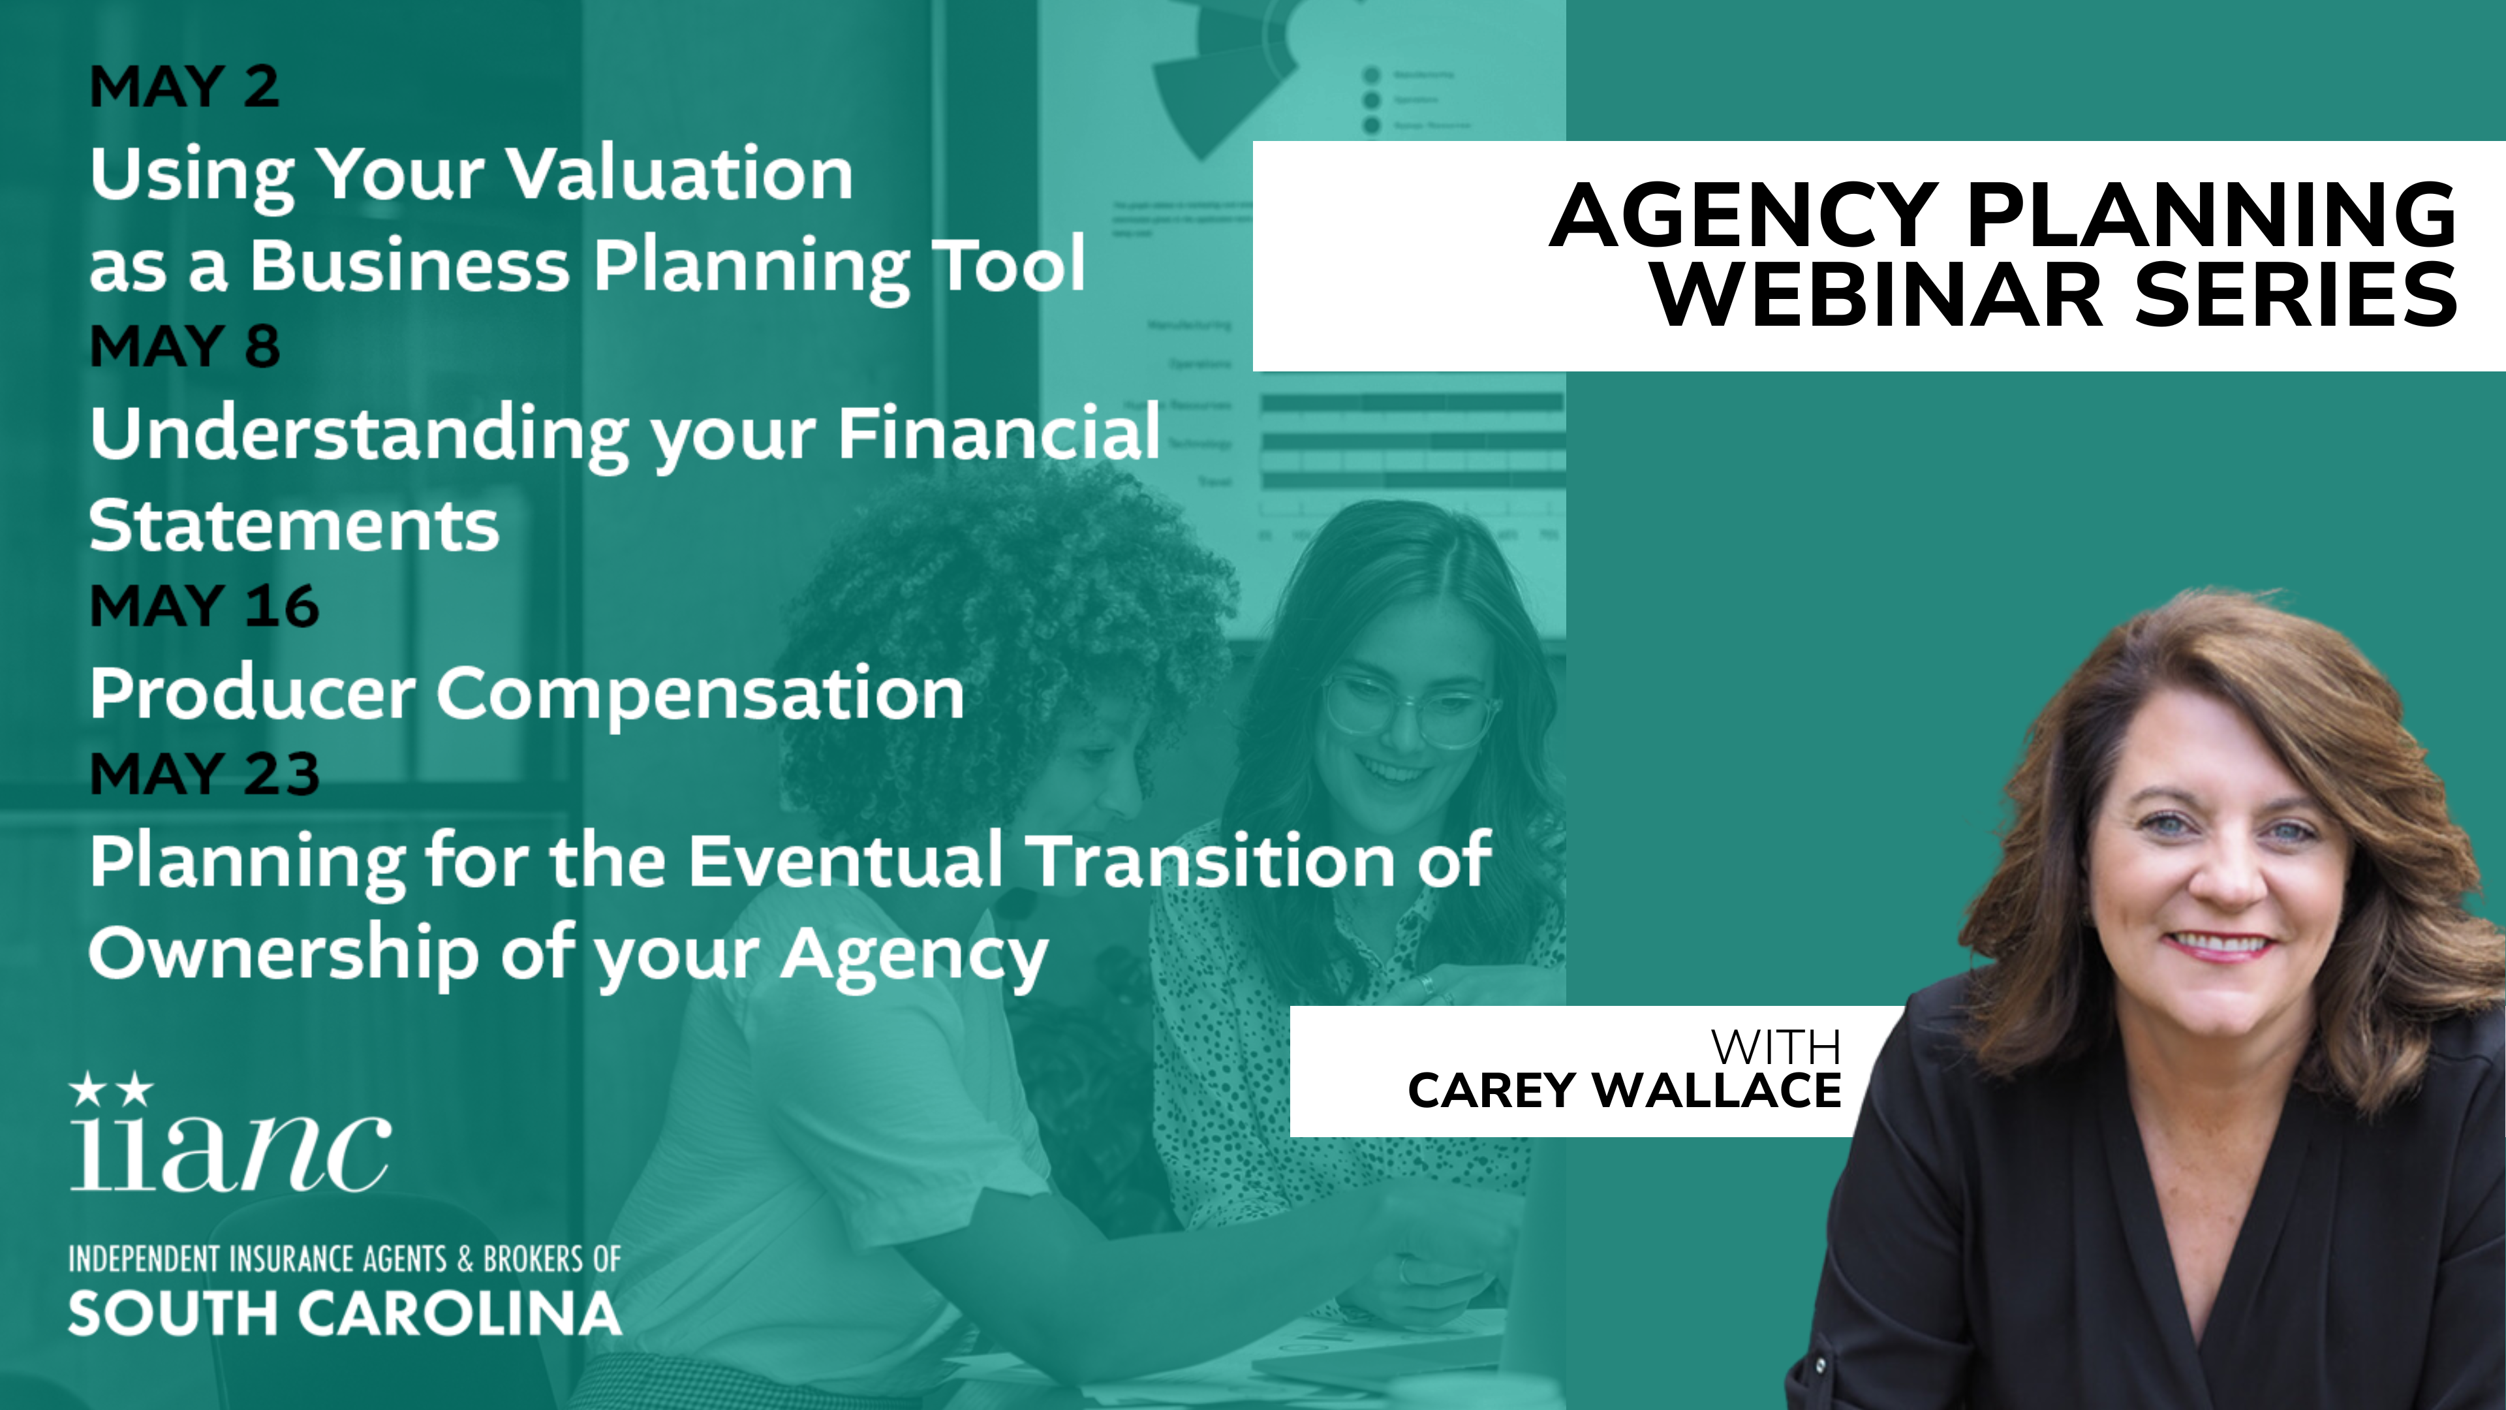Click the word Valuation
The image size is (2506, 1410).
tap(680, 174)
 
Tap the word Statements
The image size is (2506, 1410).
tap(294, 525)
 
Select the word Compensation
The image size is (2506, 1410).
tap(700, 695)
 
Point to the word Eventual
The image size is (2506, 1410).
tap(845, 860)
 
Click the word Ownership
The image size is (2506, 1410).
tap(284, 954)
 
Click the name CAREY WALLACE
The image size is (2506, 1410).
tap(1624, 1090)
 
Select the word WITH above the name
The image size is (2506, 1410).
tap(1776, 1047)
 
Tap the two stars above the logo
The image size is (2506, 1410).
tap(112, 1089)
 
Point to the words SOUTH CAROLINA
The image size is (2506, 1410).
tap(345, 1313)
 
